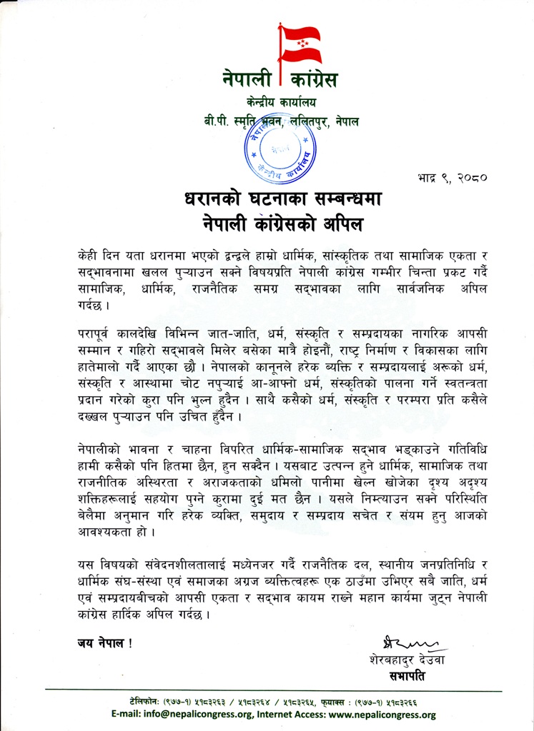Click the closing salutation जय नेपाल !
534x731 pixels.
(104, 642)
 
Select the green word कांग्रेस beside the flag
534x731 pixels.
(310, 79)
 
